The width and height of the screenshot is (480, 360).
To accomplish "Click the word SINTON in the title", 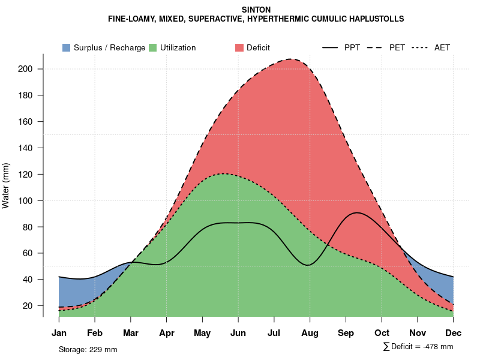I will (x=256, y=10).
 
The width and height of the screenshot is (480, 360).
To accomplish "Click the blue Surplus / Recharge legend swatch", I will (x=67, y=47).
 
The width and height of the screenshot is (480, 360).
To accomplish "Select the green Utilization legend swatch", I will (x=153, y=47).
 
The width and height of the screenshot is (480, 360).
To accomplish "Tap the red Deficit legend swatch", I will (x=239, y=47).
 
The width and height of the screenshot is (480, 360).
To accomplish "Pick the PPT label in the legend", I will (x=352, y=47).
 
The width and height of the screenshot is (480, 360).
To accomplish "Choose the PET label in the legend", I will (x=397, y=47).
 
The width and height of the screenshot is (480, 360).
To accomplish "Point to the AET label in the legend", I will (x=442, y=47).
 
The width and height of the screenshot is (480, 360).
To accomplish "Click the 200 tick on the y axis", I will (x=28, y=69).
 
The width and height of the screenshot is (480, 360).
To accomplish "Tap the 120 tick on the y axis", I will (x=28, y=175).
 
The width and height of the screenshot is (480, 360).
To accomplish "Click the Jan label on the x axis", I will (x=59, y=333).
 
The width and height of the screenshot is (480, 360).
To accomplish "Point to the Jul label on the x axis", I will (x=274, y=333).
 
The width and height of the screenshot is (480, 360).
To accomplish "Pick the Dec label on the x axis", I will (x=454, y=333).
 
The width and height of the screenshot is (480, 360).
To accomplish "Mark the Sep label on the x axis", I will (x=346, y=333).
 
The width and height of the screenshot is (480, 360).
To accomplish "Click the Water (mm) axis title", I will (x=6, y=185).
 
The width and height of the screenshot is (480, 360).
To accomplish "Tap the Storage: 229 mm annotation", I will (x=88, y=349).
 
